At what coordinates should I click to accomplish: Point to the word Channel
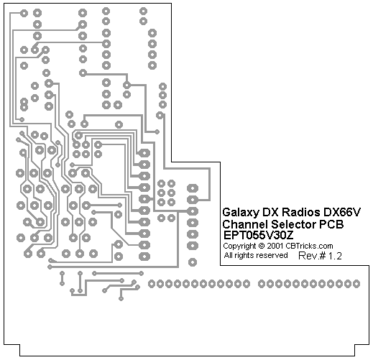click(x=244, y=224)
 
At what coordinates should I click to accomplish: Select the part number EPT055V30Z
click(x=259, y=235)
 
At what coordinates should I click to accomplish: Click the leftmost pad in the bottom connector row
click(x=152, y=284)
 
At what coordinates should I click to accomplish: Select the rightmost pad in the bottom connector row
click(x=356, y=284)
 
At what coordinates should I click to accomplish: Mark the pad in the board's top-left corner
click(x=24, y=13)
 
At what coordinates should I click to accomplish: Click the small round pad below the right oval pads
click(x=193, y=262)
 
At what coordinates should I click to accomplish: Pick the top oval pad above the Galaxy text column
click(x=193, y=188)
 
